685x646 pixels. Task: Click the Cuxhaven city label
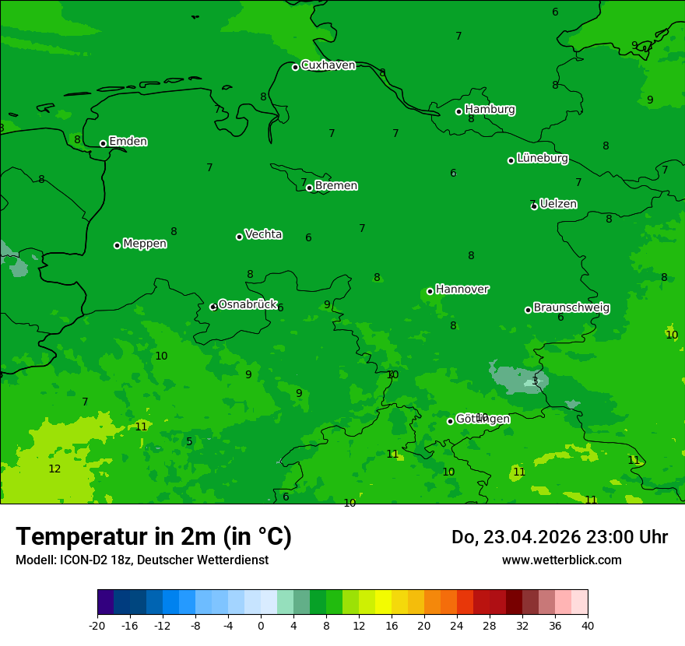click(x=328, y=65)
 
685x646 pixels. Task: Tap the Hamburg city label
click(x=490, y=110)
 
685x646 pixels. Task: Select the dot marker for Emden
click(x=103, y=143)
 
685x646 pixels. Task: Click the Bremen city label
click(x=336, y=186)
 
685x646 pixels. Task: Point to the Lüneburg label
click(x=542, y=159)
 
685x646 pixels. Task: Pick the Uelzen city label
click(x=558, y=205)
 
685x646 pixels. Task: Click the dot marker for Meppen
click(x=117, y=245)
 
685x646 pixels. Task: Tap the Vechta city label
click(x=263, y=234)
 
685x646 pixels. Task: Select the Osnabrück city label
click(x=248, y=304)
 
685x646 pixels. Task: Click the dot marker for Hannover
click(x=430, y=291)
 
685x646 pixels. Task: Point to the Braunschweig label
click(x=571, y=308)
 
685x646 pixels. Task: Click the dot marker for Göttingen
click(x=450, y=421)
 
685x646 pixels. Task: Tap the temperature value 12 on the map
click(x=54, y=469)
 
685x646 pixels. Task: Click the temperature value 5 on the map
click(x=189, y=442)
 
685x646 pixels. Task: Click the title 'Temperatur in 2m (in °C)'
click(x=153, y=536)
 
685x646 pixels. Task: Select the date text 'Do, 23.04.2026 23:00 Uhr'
click(x=559, y=537)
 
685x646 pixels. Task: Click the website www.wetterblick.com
click(x=561, y=560)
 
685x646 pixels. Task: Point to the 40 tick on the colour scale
click(x=587, y=625)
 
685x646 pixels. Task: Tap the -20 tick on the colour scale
click(x=97, y=625)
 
